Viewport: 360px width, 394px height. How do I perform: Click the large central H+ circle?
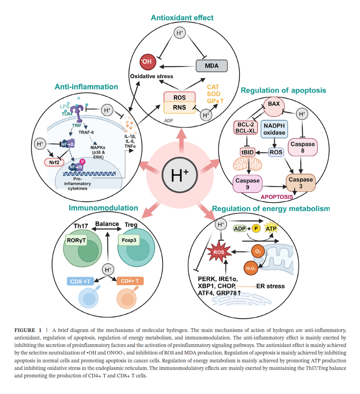coord(180,174)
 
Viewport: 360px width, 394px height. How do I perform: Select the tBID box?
coord(247,152)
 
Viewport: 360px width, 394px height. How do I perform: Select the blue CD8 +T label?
coord(81,281)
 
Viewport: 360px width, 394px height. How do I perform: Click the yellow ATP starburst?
coord(271,229)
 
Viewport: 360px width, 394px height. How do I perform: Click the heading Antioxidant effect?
coord(182,17)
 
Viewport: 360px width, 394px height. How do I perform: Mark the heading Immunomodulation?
coord(103,208)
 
